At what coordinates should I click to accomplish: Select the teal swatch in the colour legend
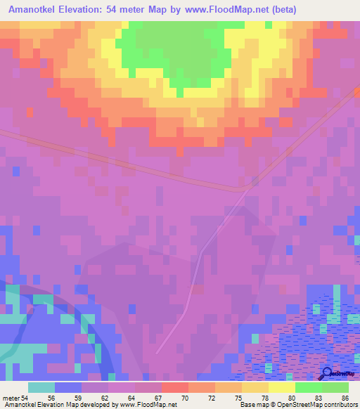click(x=41, y=387)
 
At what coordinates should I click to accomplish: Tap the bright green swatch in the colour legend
click(x=309, y=387)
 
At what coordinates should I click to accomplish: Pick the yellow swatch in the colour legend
click(x=282, y=387)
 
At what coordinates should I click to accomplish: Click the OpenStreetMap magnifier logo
click(x=326, y=374)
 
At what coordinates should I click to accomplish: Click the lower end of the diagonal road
click(x=157, y=351)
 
